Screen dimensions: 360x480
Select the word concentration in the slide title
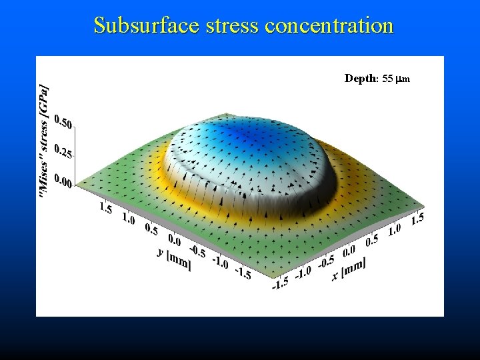[330, 25]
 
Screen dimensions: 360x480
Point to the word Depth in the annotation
[361, 79]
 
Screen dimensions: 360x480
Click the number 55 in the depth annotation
[388, 79]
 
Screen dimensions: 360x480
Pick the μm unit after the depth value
[403, 79]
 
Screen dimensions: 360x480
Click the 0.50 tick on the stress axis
[64, 121]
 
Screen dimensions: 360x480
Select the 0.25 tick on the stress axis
[64, 151]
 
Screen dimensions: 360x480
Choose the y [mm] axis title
[174, 257]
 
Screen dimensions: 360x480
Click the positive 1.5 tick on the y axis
[105, 208]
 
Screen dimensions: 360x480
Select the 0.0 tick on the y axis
[173, 239]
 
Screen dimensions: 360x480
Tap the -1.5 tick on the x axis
[280, 283]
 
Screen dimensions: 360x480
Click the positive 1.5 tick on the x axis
[417, 219]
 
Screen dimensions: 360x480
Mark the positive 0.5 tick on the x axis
[372, 240]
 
